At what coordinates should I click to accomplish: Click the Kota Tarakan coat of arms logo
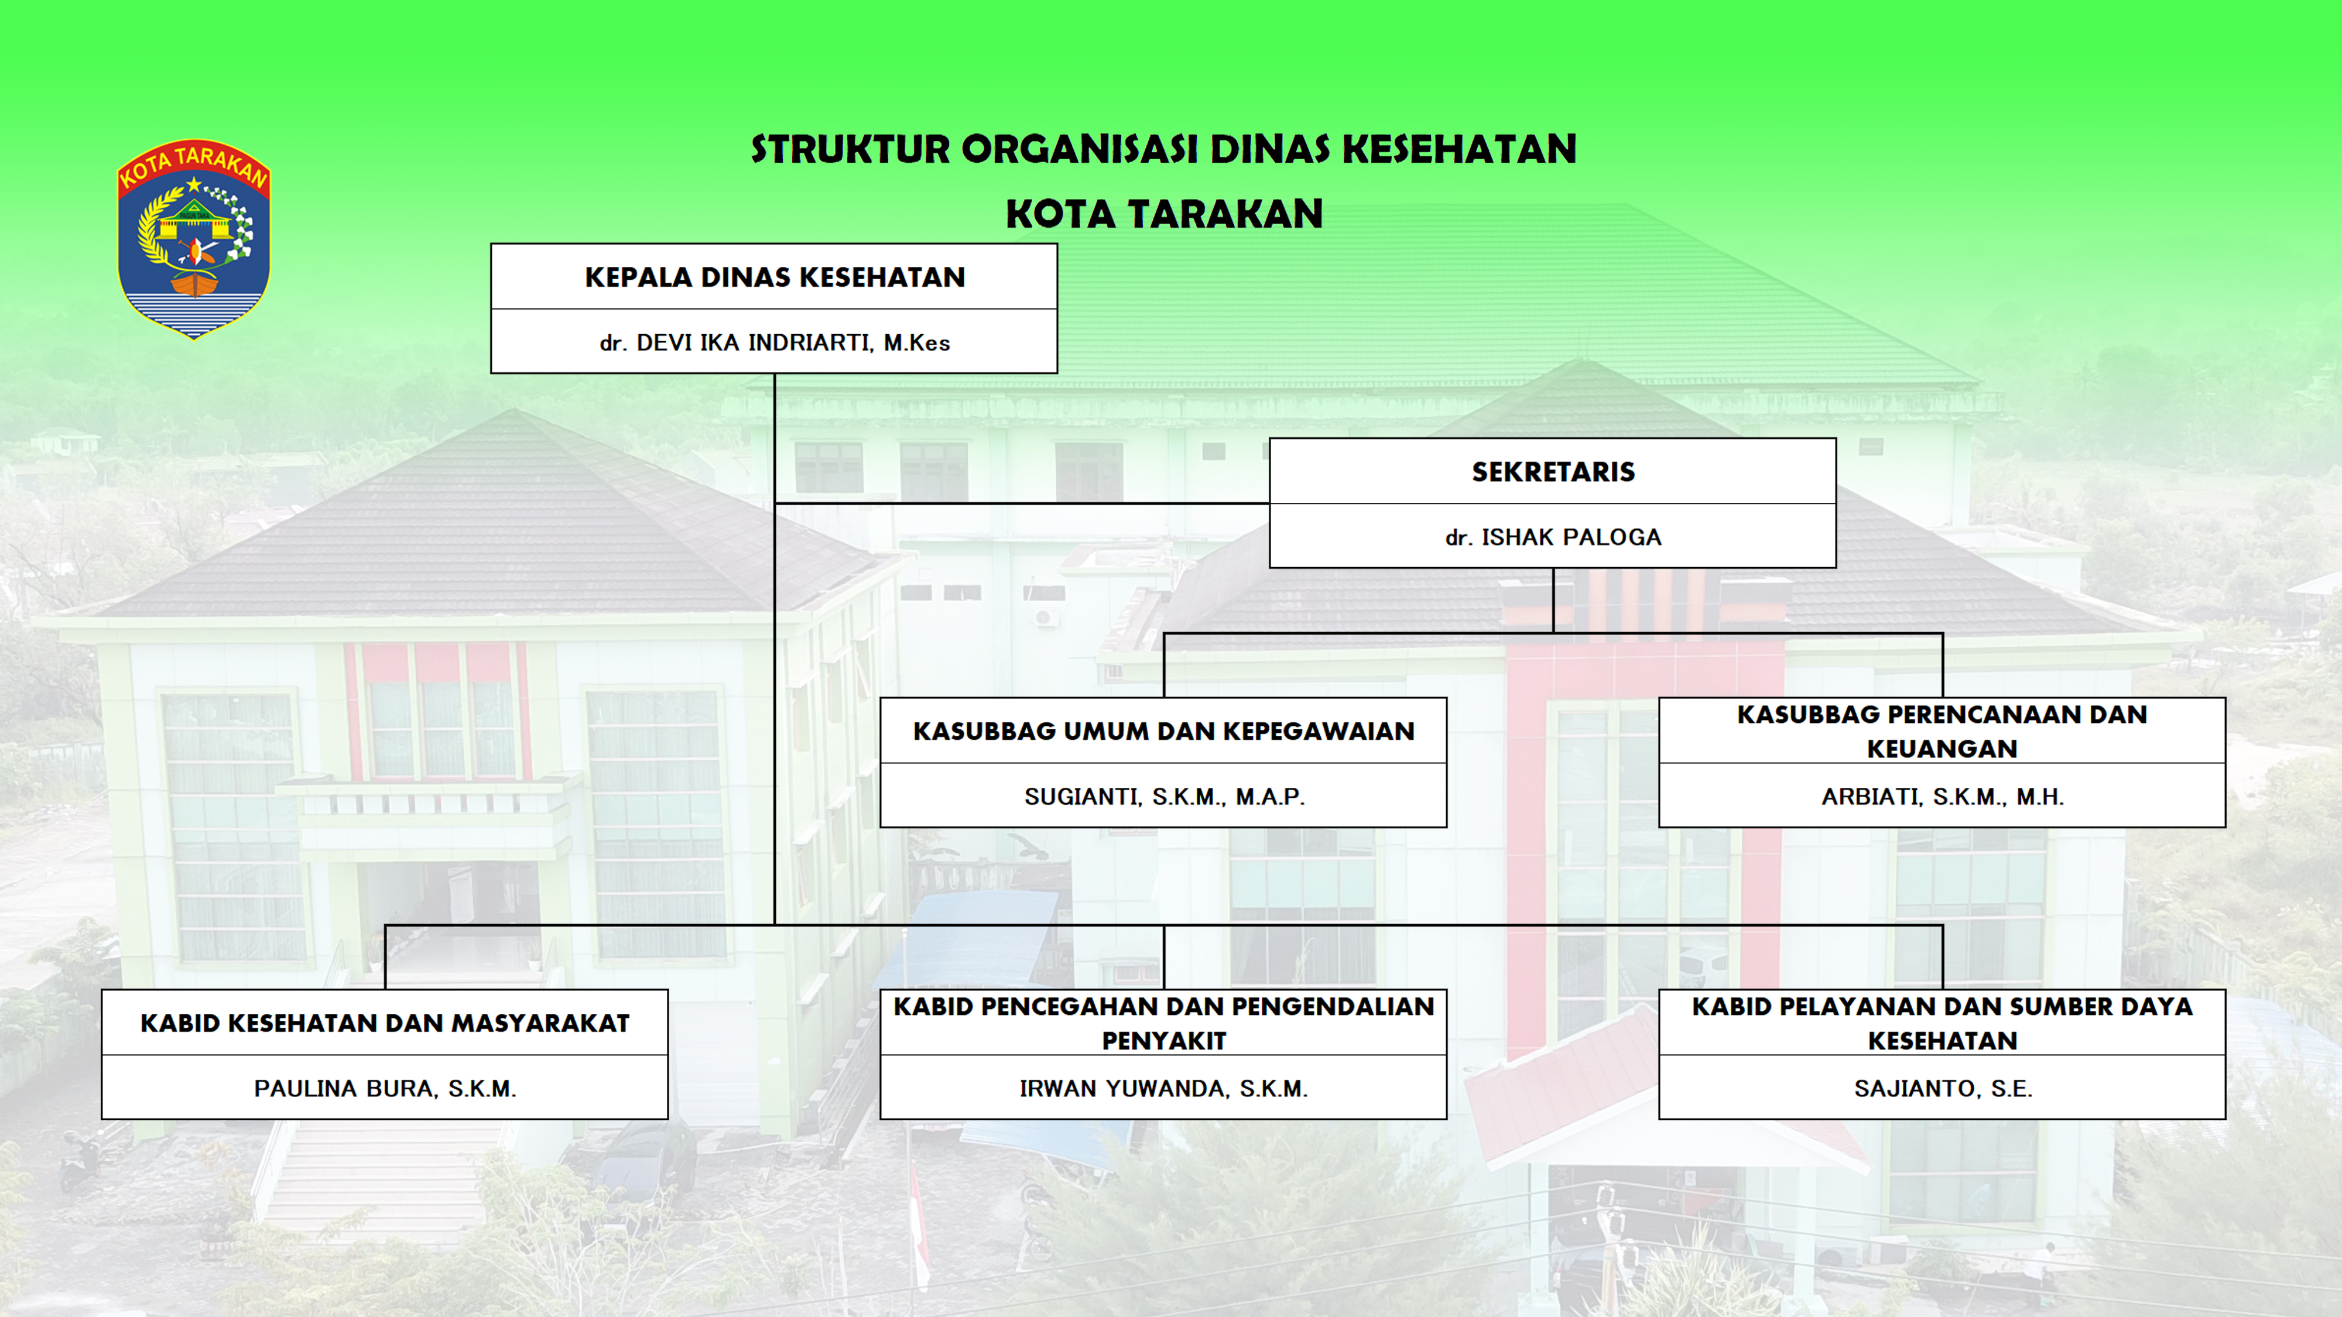pos(194,239)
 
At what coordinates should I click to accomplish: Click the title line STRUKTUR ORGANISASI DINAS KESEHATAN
pos(1164,150)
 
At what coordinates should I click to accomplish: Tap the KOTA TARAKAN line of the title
pos(1164,214)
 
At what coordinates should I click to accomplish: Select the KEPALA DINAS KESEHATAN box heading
pos(775,277)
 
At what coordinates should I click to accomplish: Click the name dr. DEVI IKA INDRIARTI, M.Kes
pos(775,342)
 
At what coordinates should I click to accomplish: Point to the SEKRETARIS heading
pos(1553,472)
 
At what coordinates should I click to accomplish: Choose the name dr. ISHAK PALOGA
pos(1553,537)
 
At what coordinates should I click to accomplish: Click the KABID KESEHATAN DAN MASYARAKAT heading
pos(385,1023)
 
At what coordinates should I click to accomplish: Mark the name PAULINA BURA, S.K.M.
pos(385,1088)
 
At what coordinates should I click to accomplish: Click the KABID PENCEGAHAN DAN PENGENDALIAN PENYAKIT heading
pos(1164,1023)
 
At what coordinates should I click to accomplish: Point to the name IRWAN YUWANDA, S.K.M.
pos(1164,1088)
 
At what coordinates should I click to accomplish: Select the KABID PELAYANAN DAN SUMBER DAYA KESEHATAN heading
pos(1942,1023)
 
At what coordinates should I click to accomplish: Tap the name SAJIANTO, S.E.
pos(1942,1088)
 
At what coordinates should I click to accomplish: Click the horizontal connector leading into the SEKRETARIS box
pos(1022,503)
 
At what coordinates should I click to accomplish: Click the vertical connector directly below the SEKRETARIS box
pos(1553,601)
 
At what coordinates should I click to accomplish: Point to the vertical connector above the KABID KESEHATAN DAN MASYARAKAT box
pos(385,957)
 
